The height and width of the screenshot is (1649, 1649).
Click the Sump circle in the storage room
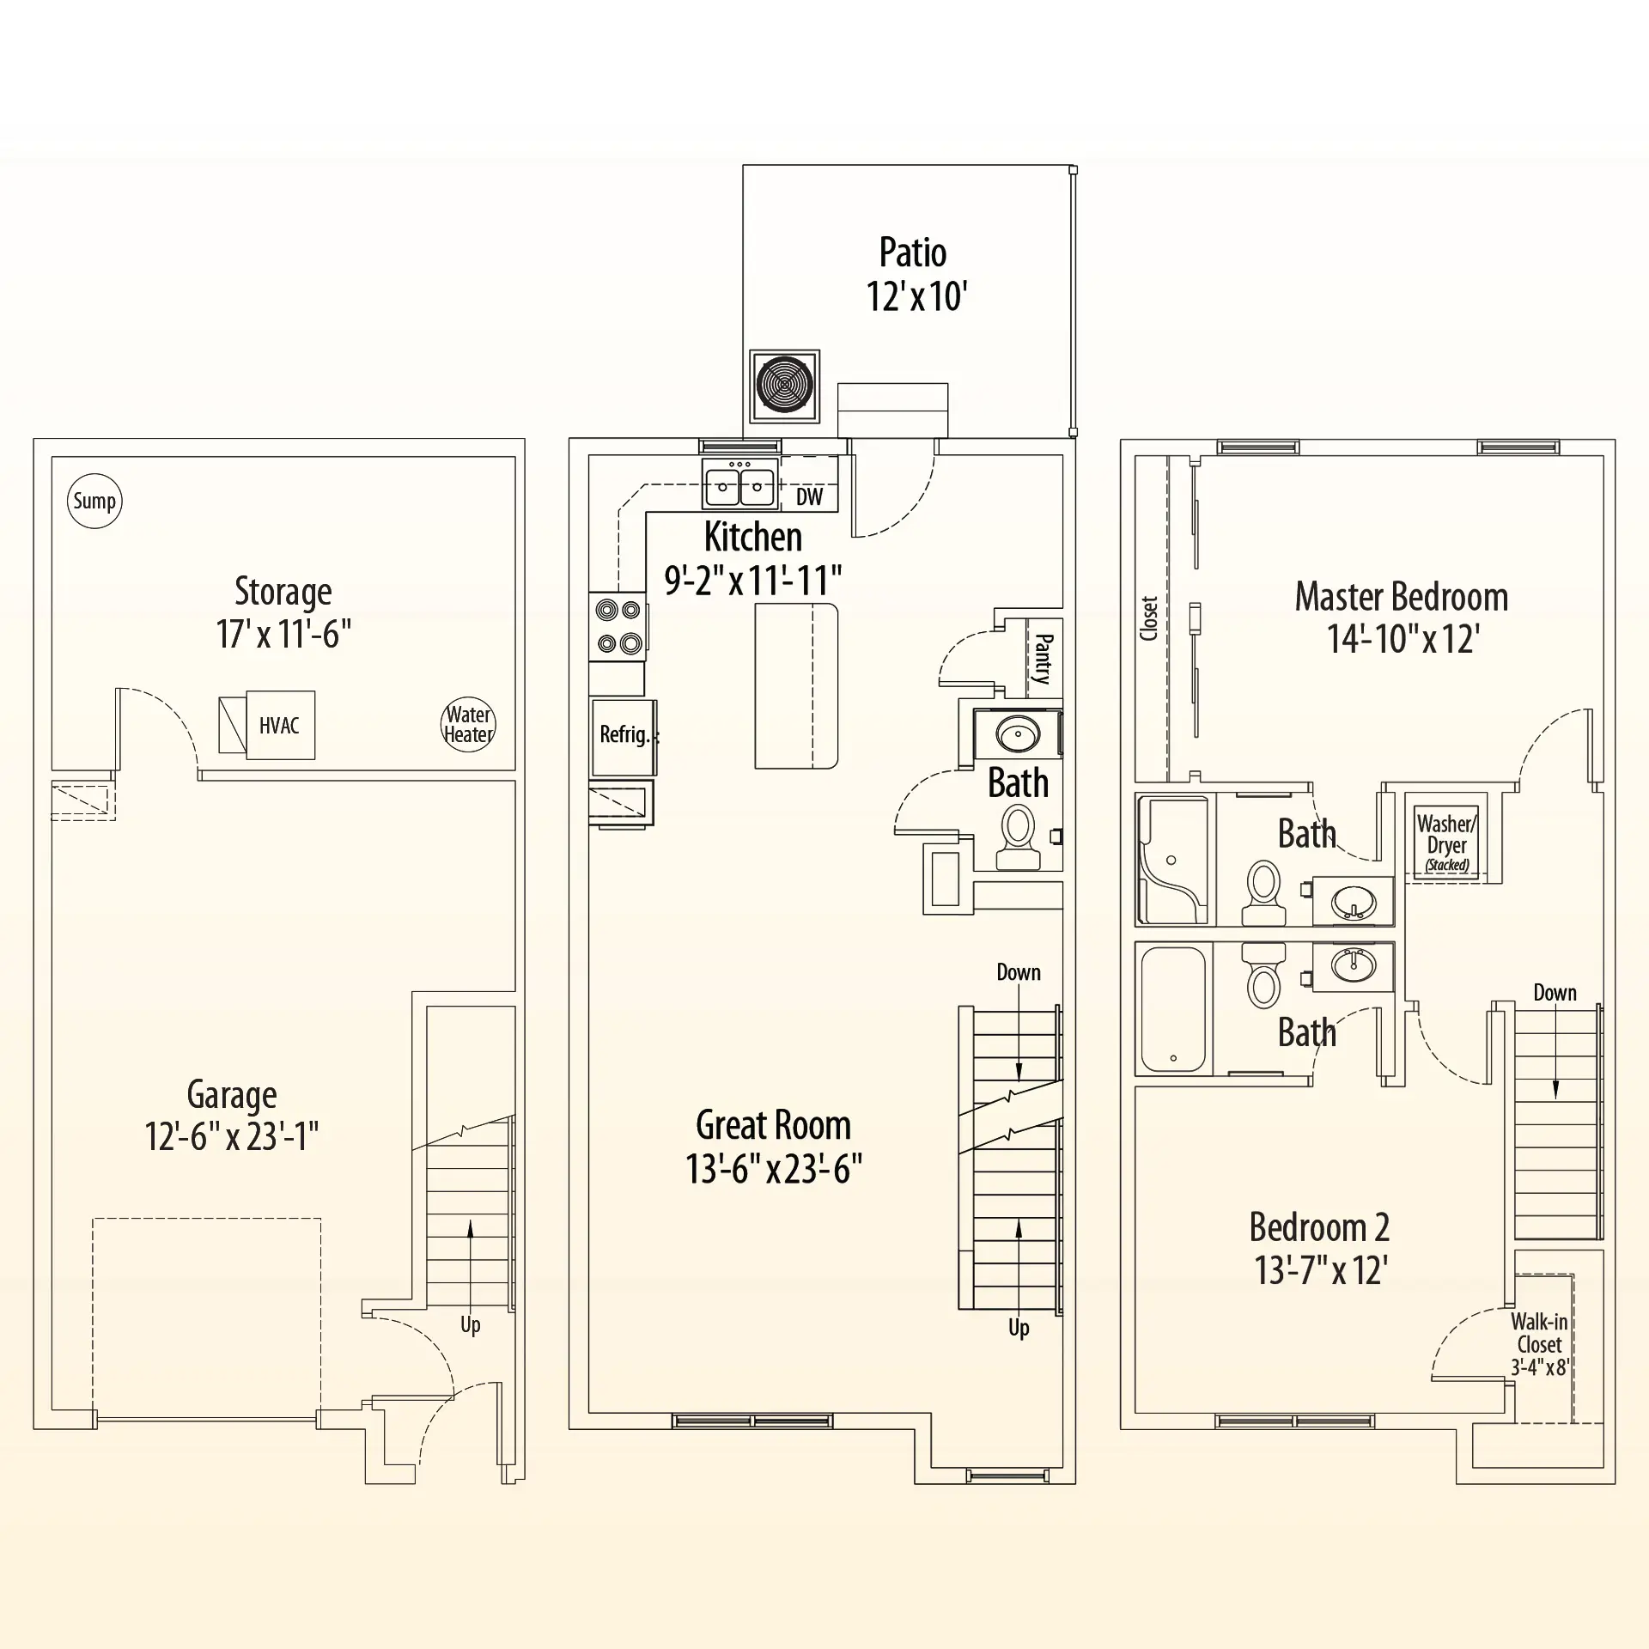pos(94,501)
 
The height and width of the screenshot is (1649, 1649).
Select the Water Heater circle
pos(468,724)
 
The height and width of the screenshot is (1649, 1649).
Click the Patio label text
pos(913,253)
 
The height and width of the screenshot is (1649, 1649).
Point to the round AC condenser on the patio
pos(785,386)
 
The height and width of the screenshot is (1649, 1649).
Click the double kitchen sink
pos(739,484)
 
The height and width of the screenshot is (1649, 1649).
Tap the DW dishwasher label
pos(809,496)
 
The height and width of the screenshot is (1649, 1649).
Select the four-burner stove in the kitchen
pos(618,626)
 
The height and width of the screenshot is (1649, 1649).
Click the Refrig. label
pos(624,734)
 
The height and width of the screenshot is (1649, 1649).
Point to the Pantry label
pos(1044,659)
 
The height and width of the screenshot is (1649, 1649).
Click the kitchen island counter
pos(796,685)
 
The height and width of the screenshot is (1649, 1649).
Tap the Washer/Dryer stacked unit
pos(1447,842)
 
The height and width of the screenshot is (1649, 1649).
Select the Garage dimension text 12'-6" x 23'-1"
pos(232,1136)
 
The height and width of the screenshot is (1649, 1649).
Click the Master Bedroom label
pos(1402,597)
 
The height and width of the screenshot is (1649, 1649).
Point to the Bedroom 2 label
pos(1319,1227)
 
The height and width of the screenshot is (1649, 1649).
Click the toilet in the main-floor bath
pos(1019,840)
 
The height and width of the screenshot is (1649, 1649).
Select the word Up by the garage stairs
pos(471,1325)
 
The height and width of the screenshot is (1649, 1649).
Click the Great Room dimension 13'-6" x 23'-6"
pos(774,1169)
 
